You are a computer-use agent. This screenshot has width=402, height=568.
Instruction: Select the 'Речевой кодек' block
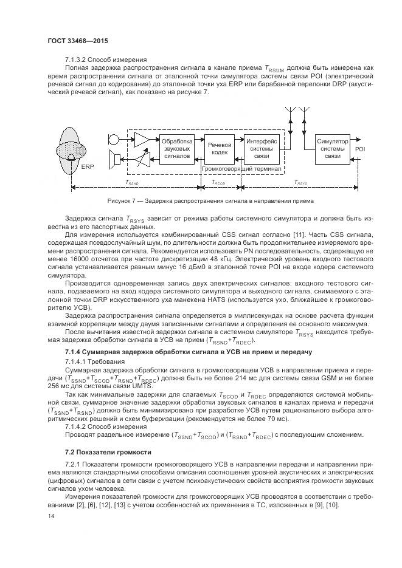[x=220, y=149]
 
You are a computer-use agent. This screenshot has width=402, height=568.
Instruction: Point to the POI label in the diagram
[x=360, y=149]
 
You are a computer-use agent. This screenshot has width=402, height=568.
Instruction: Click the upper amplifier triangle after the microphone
[x=141, y=139]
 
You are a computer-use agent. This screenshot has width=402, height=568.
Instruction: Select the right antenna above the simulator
[x=305, y=115]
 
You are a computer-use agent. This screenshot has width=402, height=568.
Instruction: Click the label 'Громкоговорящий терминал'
[x=241, y=169]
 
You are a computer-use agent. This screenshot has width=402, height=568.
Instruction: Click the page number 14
[x=50, y=516]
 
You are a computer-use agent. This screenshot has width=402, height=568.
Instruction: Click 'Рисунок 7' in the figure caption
[x=121, y=201]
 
